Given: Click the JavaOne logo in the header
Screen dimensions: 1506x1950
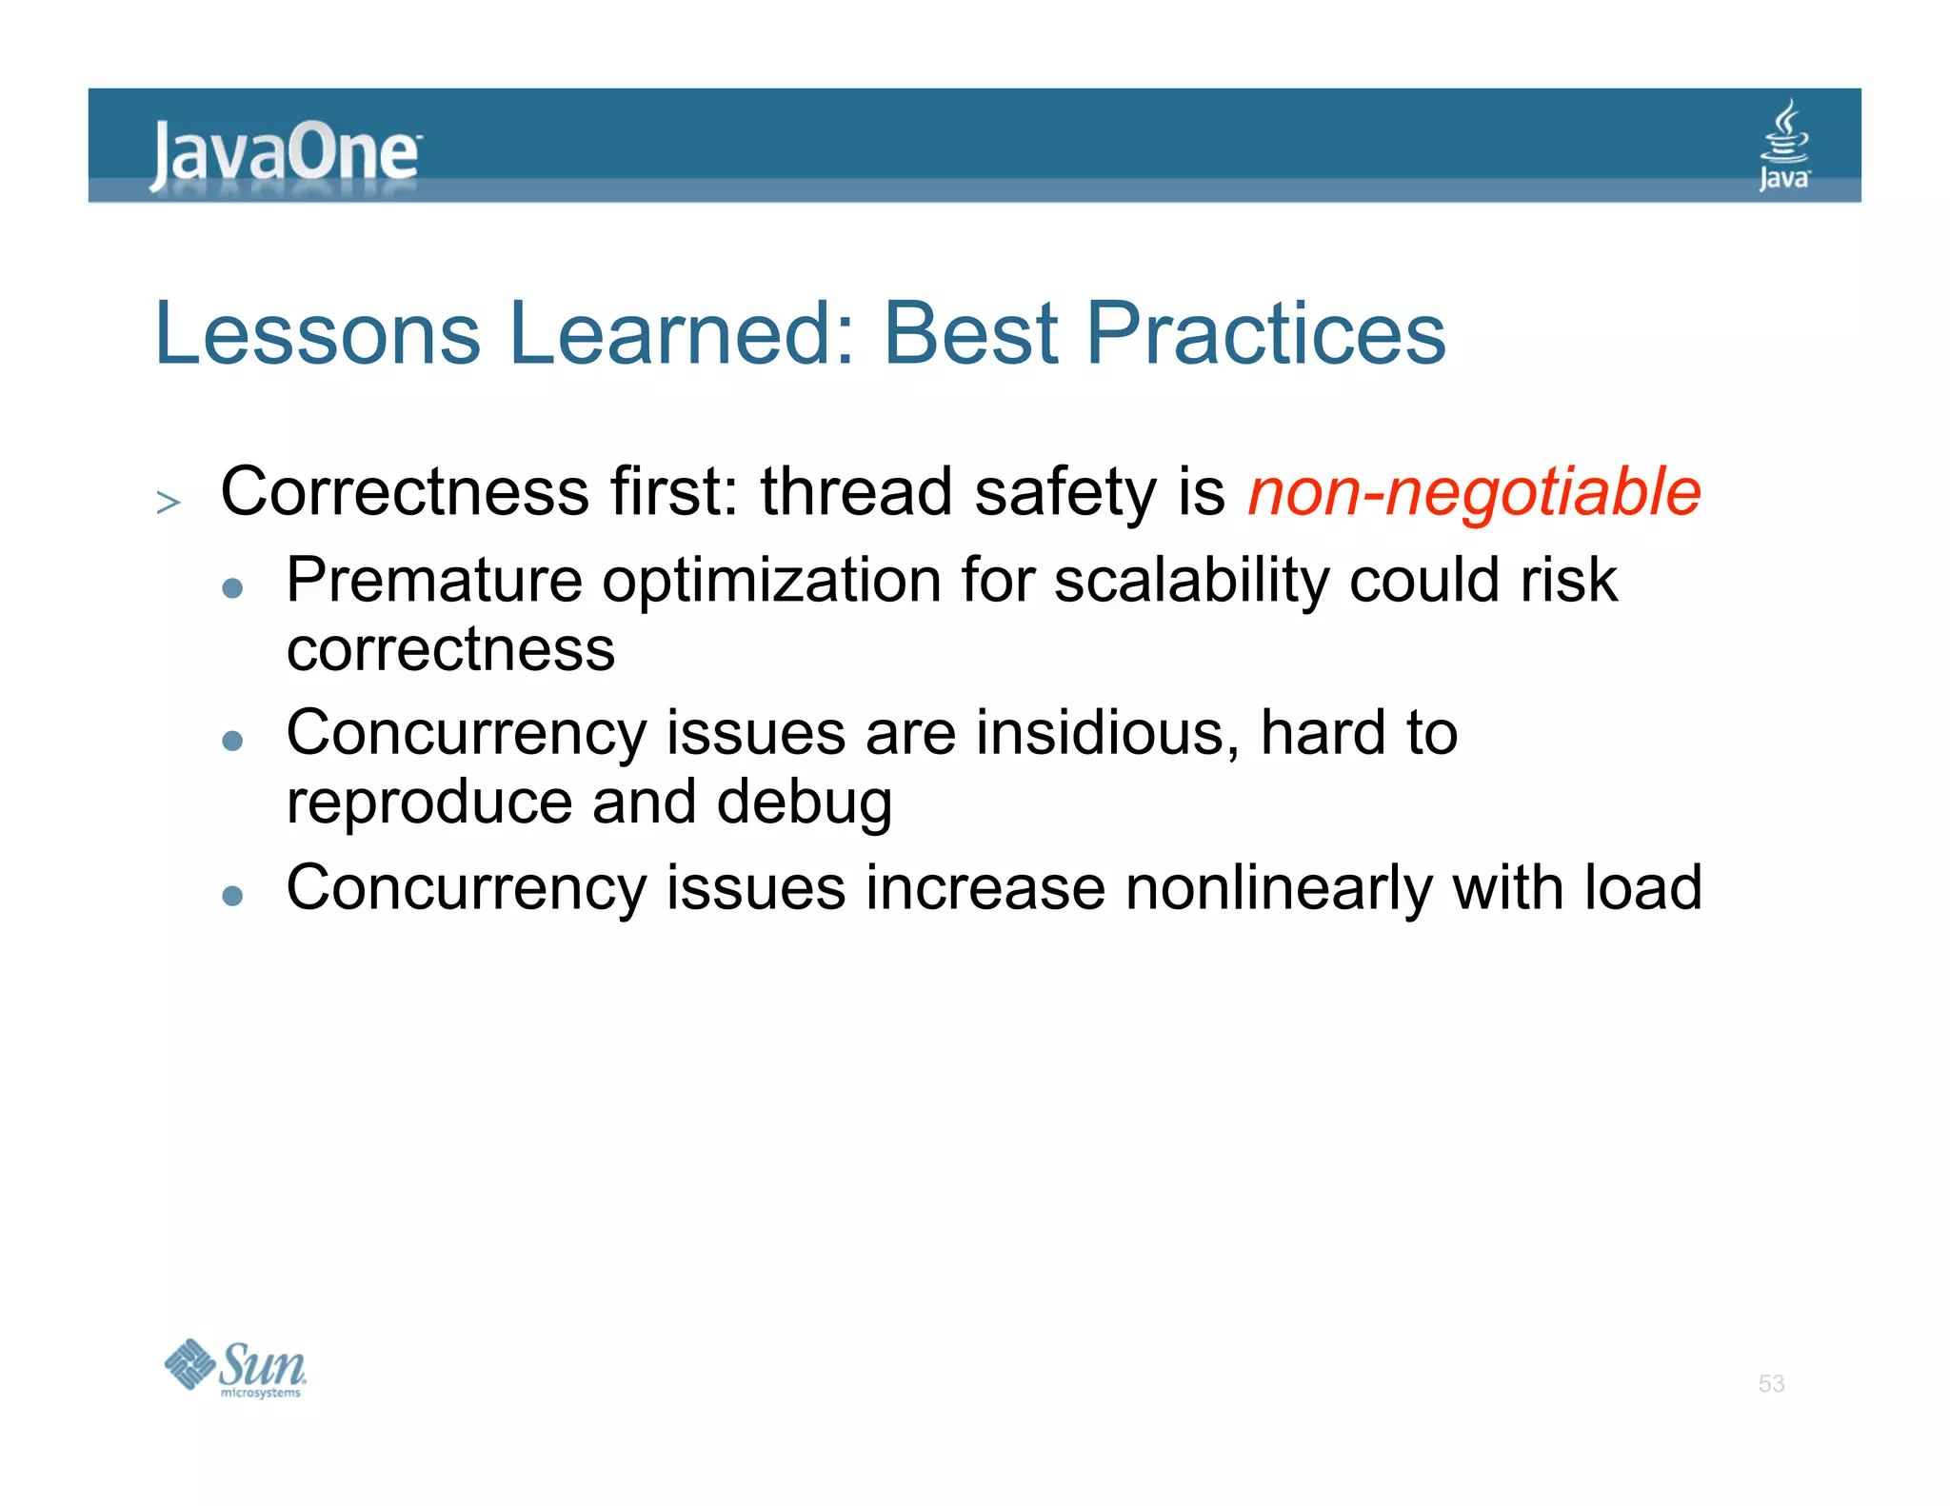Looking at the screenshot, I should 284,152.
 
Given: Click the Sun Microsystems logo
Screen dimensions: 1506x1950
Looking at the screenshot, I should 235,1368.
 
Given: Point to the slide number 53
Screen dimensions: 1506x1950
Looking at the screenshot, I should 1771,1383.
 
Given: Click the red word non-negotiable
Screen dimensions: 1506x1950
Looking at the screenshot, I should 1474,492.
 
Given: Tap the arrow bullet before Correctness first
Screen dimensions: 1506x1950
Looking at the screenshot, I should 169,502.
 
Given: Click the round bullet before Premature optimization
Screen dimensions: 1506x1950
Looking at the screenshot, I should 232,587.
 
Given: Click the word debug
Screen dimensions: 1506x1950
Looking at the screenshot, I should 804,803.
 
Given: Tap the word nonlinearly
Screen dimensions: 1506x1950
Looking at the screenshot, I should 1278,888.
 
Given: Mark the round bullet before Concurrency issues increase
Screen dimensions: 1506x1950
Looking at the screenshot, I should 232,895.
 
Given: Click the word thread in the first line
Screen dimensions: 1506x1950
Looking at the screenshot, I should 856,492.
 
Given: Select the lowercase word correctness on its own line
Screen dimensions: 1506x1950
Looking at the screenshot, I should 450,650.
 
